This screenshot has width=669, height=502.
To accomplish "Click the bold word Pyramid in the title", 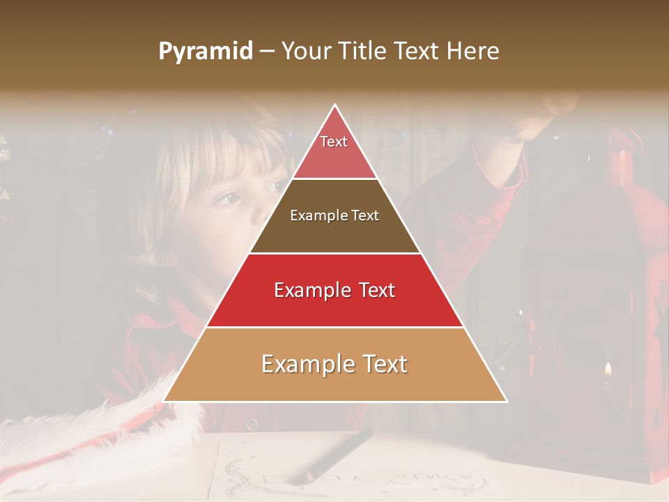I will click(x=206, y=51).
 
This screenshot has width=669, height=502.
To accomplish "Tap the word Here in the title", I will click(x=473, y=51).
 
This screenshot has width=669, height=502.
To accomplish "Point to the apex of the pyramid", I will click(x=335, y=105).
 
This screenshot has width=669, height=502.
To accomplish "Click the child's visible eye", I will click(x=225, y=200).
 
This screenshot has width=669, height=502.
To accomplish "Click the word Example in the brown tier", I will click(x=315, y=215).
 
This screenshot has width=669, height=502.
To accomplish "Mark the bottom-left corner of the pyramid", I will click(x=163, y=402).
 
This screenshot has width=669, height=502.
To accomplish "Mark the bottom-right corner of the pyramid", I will click(x=507, y=402).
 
